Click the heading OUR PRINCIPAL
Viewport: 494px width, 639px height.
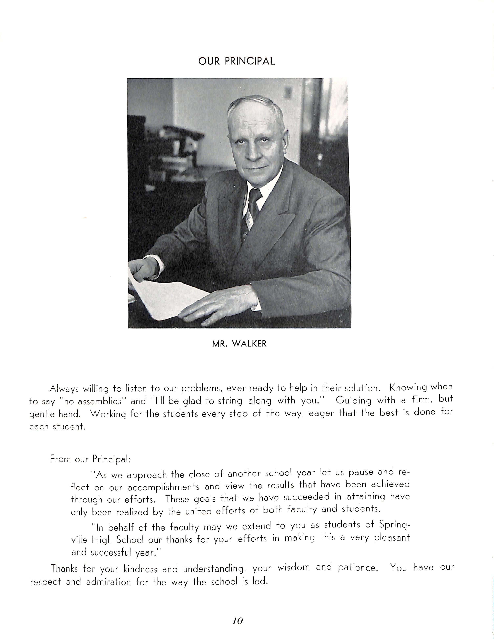pos(236,61)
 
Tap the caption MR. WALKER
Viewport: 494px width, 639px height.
pos(239,344)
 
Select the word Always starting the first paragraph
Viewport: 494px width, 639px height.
pos(64,389)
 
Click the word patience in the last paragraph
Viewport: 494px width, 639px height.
pos(356,568)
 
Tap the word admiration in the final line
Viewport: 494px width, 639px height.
pos(108,582)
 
